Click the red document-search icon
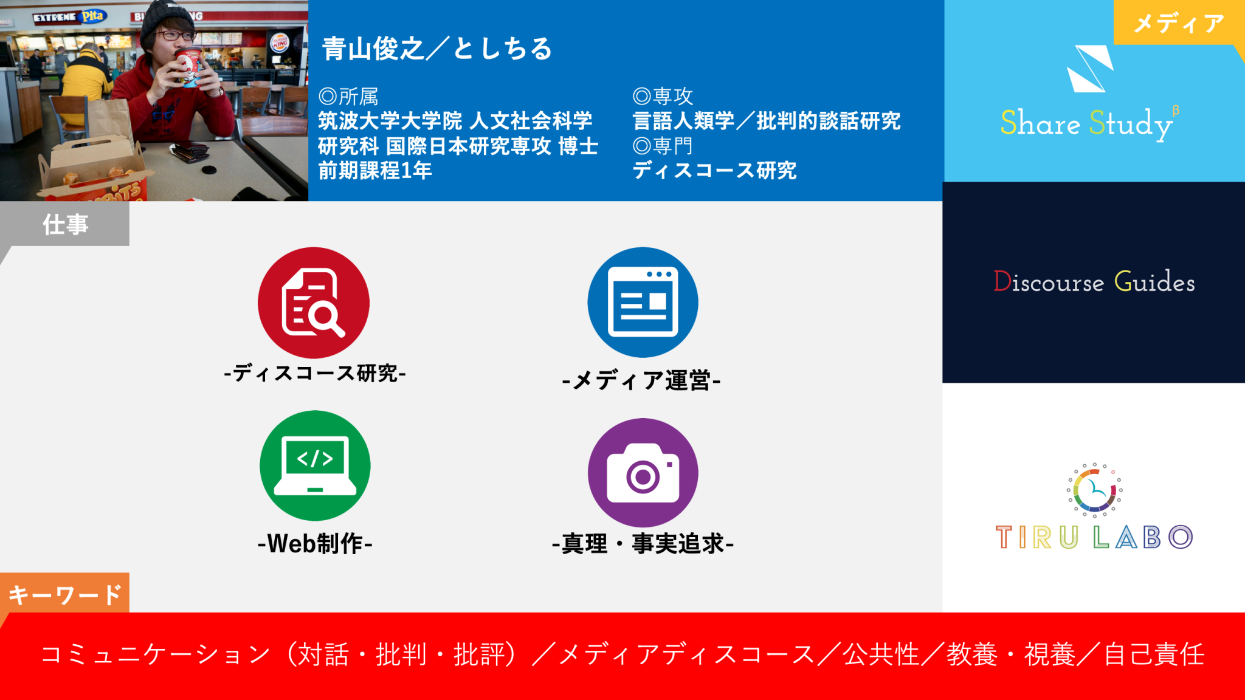point(314,302)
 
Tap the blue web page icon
point(643,302)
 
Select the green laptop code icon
point(315,465)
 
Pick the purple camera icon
point(643,473)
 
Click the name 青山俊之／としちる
point(437,48)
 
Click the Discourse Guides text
point(1094,282)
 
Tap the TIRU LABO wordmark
point(1094,537)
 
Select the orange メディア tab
point(1179,22)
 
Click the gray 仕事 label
point(65,224)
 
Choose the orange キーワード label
point(64,594)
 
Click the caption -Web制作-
point(315,543)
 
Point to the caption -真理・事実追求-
point(643,543)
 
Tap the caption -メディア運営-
point(641,380)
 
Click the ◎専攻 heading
point(663,96)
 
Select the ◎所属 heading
point(348,96)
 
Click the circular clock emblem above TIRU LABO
point(1094,490)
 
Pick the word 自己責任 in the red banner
point(1154,654)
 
